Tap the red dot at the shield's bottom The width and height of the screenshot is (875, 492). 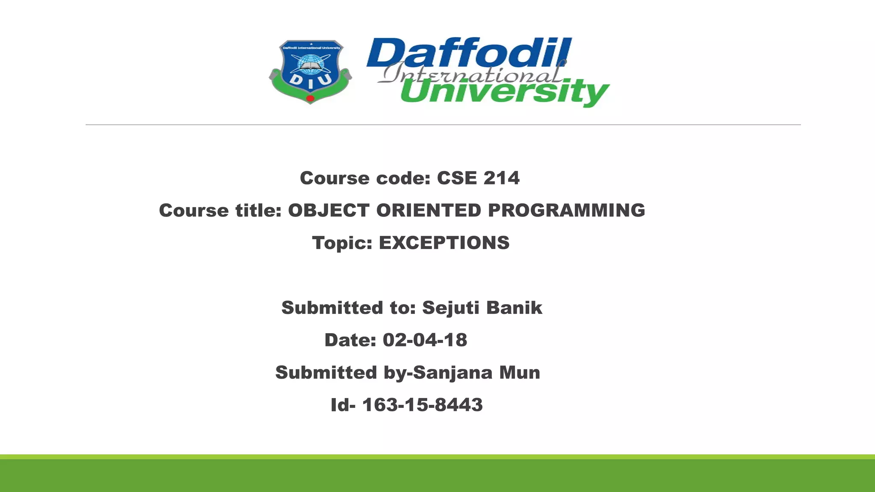[x=311, y=99]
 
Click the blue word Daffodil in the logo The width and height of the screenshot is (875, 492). [x=469, y=53]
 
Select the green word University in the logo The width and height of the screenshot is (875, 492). [x=504, y=92]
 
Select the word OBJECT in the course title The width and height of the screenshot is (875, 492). [x=329, y=211]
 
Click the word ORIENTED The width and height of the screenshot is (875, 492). [x=429, y=211]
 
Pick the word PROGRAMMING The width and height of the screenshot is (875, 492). [x=567, y=211]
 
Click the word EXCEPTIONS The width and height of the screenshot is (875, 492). [x=444, y=243]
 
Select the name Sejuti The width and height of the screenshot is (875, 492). [x=450, y=308]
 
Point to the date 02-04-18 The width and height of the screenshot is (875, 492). [x=425, y=340]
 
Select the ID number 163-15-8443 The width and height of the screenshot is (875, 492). [x=423, y=405]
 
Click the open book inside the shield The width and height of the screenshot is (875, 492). [x=310, y=66]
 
